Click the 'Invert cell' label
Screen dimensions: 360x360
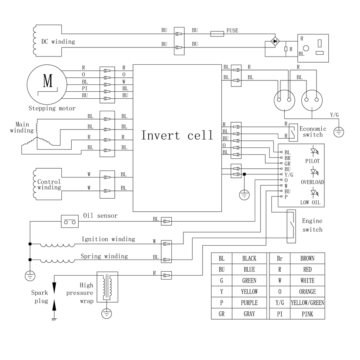click(x=177, y=135)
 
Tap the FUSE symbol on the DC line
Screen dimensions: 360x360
click(x=217, y=33)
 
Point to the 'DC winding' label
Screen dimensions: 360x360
click(x=58, y=42)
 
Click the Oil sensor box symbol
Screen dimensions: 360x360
click(x=69, y=222)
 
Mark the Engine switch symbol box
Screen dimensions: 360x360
click(x=291, y=225)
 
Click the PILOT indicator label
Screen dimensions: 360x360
click(x=312, y=161)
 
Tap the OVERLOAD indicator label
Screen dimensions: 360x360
click(x=312, y=182)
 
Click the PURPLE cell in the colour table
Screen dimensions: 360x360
click(x=249, y=303)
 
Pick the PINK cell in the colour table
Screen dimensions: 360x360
click(x=307, y=314)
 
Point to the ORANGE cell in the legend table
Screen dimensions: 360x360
click(x=307, y=292)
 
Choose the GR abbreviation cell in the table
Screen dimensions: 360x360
click(x=221, y=314)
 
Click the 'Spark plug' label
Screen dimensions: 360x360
click(x=39, y=297)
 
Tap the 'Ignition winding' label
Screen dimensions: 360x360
click(x=108, y=239)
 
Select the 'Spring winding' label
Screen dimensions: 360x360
click(x=104, y=256)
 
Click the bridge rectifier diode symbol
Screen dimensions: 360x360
click(x=275, y=41)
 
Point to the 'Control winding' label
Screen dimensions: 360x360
click(x=49, y=184)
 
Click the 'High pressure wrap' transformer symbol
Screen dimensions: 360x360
click(x=107, y=287)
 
